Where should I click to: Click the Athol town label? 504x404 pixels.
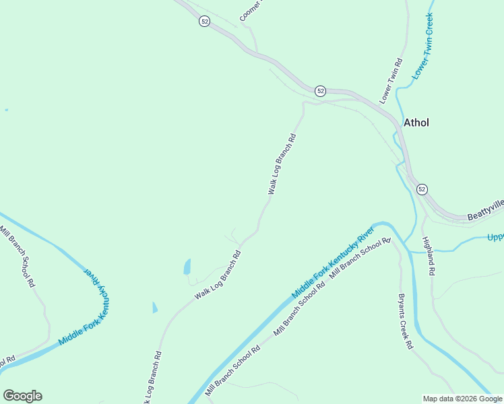pyautogui.click(x=416, y=123)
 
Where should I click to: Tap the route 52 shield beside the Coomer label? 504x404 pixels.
pyautogui.click(x=205, y=22)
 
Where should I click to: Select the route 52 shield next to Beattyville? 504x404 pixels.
pyautogui.click(x=422, y=189)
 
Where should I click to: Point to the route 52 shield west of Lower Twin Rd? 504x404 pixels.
pyautogui.click(x=320, y=91)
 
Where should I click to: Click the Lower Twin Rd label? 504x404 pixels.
pyautogui.click(x=391, y=81)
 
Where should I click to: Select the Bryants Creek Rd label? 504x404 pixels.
pyautogui.click(x=404, y=321)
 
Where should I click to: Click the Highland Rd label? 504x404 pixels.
pyautogui.click(x=429, y=255)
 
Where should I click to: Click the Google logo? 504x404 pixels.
pyautogui.click(x=22, y=396)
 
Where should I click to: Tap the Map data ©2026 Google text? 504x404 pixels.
pyautogui.click(x=462, y=399)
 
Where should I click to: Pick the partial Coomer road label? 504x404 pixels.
pyautogui.click(x=249, y=10)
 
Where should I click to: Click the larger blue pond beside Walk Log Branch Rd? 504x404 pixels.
pyautogui.click(x=187, y=267)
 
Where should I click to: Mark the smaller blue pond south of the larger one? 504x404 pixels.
pyautogui.click(x=154, y=307)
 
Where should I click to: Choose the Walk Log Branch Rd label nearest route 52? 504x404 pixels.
pyautogui.click(x=282, y=164)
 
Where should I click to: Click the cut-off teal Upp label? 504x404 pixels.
pyautogui.click(x=495, y=238)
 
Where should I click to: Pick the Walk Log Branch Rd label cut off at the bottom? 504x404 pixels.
pyautogui.click(x=152, y=377)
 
